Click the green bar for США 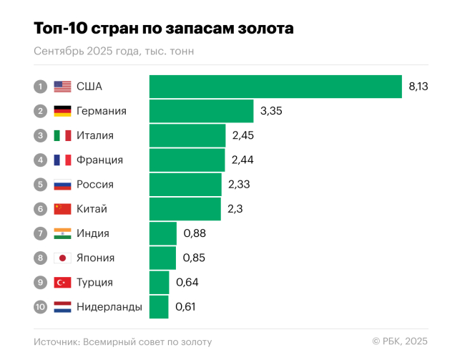275,87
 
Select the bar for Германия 201,111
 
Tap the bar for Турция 159,282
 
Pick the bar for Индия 162,233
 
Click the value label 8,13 418,87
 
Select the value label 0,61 185,307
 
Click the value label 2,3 236,209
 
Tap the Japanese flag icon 62,258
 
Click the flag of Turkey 62,282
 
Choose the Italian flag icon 62,135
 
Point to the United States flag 62,87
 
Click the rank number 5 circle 41,185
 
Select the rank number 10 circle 41,307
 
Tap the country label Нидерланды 109,307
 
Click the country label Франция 99,160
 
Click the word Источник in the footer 56,342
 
